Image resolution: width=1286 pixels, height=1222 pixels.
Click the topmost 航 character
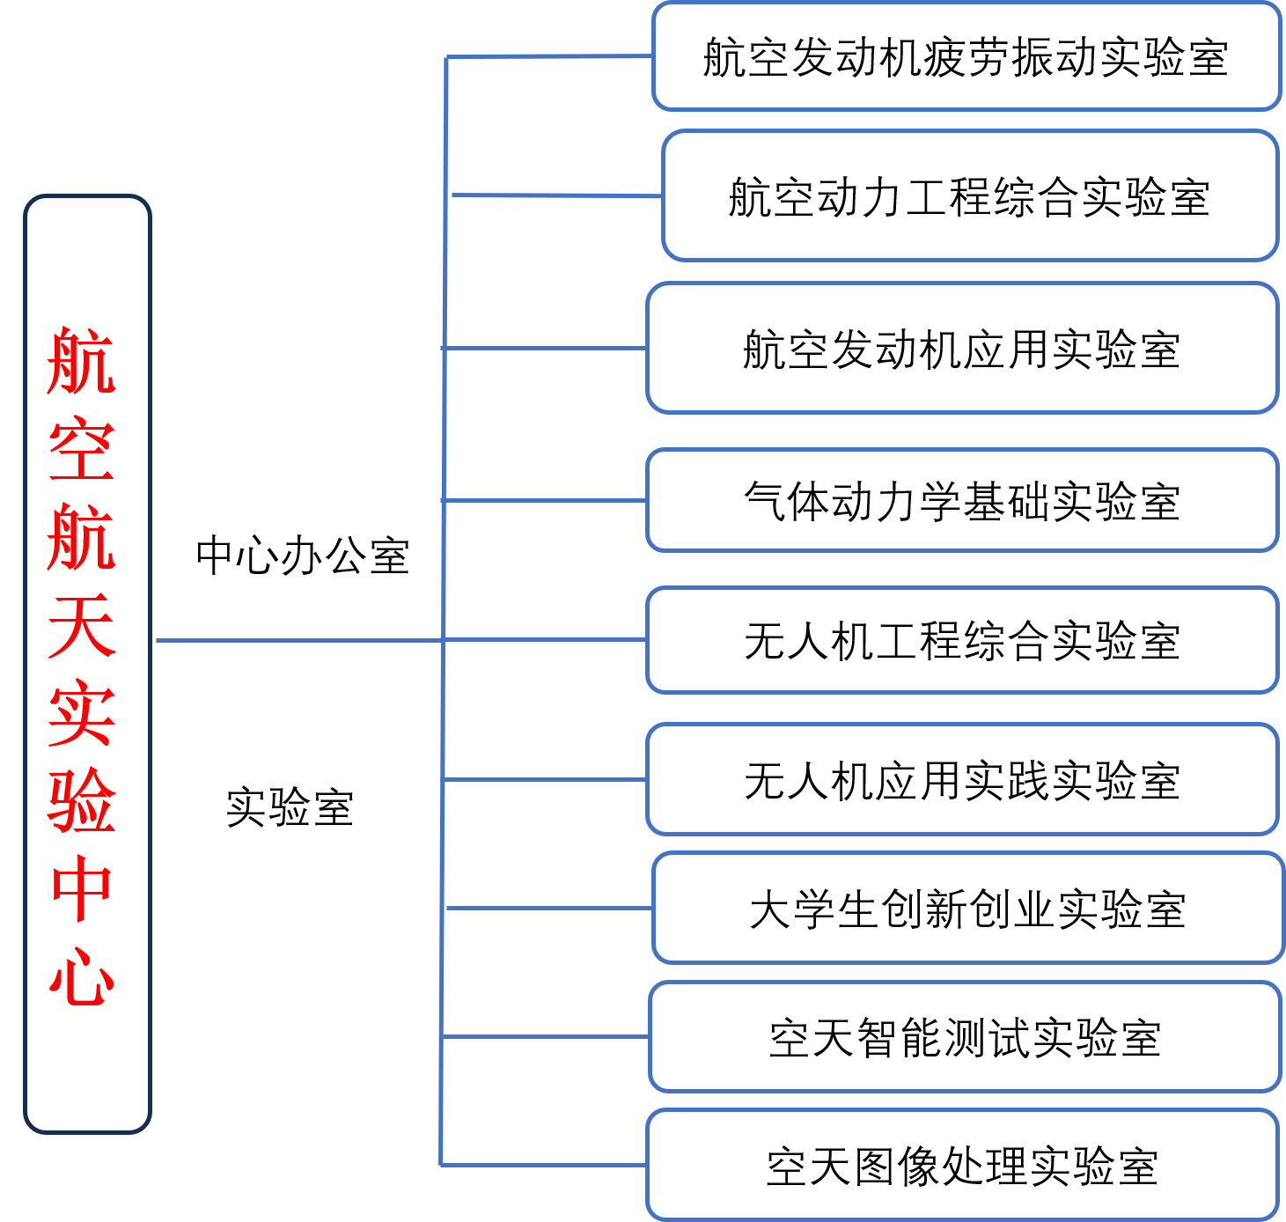[82, 361]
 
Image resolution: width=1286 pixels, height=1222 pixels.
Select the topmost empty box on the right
[966, 56]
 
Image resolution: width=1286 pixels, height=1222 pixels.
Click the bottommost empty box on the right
[962, 1165]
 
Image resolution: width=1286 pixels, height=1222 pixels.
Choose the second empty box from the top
[970, 195]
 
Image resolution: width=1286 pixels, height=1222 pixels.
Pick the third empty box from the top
[962, 348]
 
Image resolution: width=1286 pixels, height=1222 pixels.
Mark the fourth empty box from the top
[962, 500]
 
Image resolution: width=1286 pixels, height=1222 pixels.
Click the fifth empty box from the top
[962, 640]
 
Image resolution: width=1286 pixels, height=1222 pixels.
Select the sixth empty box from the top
[962, 779]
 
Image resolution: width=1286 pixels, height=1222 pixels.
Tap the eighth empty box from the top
[965, 1036]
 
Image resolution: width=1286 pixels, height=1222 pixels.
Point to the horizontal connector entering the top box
[549, 56]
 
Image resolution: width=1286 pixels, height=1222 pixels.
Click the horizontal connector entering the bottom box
[543, 1165]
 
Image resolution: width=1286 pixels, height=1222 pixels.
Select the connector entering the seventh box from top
[549, 908]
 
